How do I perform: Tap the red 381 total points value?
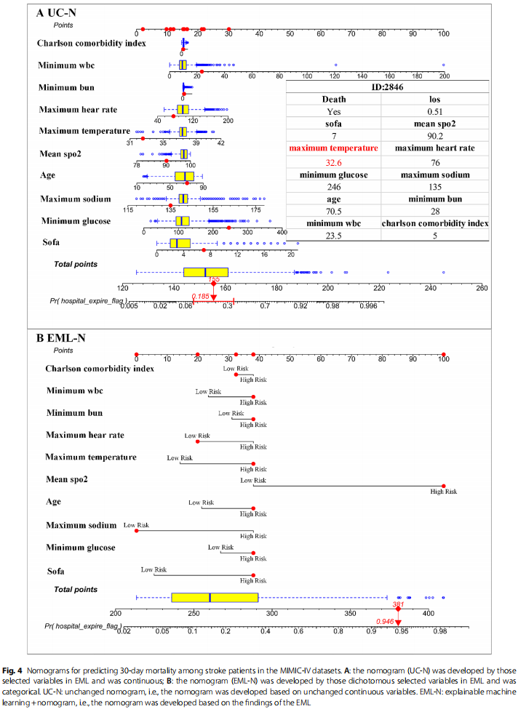398,604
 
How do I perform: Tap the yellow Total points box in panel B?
215,597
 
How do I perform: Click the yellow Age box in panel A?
184,176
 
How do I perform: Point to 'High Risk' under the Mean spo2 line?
443,492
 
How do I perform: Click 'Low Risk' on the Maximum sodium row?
136,525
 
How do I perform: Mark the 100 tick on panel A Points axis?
443,33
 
